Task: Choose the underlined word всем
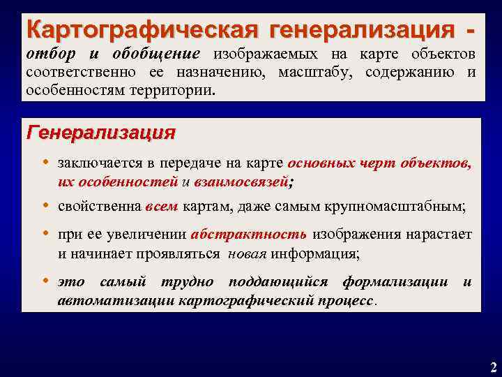[162, 207]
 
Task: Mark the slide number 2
[493, 367]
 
